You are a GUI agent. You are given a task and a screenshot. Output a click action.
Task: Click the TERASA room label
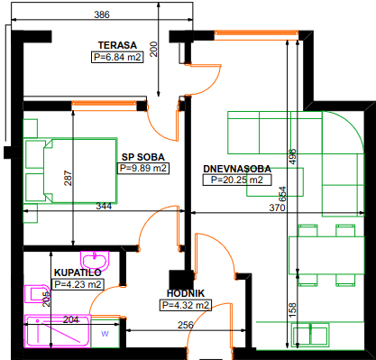click(117, 45)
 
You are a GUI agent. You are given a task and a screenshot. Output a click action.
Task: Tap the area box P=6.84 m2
click(117, 57)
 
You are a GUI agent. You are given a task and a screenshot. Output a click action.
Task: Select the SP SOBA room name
click(143, 157)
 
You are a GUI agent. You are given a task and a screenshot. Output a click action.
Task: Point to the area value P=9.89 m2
click(143, 169)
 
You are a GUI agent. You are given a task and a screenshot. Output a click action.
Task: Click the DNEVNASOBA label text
click(237, 169)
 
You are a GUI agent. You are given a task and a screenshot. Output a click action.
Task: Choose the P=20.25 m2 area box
click(237, 180)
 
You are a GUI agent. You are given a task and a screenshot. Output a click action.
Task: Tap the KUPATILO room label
click(78, 272)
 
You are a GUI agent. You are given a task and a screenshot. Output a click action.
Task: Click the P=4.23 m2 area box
click(78, 284)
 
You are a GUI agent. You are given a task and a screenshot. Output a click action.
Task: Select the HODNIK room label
click(186, 293)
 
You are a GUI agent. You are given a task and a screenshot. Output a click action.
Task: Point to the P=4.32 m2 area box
click(186, 305)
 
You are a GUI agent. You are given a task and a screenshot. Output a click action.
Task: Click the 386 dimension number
click(102, 14)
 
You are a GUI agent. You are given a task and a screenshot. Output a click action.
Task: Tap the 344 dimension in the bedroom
click(104, 207)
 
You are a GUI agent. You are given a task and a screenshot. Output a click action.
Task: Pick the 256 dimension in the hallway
click(186, 325)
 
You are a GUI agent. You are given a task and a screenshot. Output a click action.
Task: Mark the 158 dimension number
click(292, 310)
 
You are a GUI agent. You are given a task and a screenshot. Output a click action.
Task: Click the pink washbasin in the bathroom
click(95, 260)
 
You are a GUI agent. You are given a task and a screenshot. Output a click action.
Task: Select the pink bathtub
click(58, 330)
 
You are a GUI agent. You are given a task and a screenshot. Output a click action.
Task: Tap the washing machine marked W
click(105, 334)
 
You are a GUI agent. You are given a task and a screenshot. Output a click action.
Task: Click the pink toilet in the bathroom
click(37, 294)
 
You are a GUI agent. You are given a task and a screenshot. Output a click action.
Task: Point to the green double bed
click(70, 171)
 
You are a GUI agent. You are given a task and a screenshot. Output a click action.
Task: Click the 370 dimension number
click(277, 208)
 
